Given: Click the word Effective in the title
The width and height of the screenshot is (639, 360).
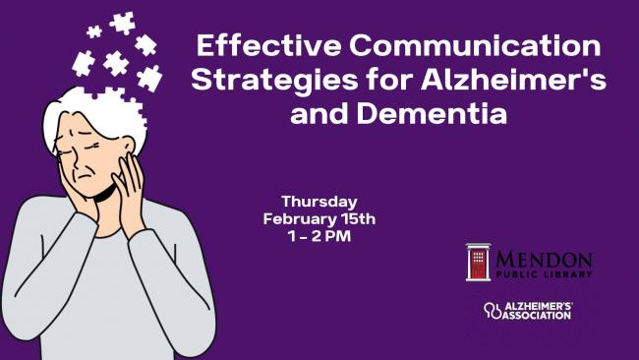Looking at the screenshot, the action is click(x=268, y=45).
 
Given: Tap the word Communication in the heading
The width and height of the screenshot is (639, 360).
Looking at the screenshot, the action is click(x=475, y=45).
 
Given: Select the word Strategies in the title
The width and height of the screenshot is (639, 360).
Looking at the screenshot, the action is click(x=274, y=80).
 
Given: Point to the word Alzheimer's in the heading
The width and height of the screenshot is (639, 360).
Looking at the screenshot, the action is click(x=513, y=79).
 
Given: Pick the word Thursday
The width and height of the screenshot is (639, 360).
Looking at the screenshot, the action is click(x=319, y=202).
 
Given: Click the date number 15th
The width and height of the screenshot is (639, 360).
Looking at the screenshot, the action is click(x=358, y=219).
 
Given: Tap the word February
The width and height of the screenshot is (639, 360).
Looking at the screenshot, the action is click(x=300, y=219).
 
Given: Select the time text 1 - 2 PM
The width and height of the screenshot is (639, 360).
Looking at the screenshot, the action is click(x=319, y=236).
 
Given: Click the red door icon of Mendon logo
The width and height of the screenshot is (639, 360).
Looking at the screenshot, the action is click(x=479, y=262).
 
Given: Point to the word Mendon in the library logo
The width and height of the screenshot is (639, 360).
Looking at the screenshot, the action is click(x=544, y=260).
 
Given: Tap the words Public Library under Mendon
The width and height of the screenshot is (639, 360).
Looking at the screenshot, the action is click(x=544, y=274).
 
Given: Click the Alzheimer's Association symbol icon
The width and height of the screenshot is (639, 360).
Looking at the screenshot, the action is click(x=493, y=310).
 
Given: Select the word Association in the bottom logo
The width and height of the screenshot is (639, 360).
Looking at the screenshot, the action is click(x=537, y=315).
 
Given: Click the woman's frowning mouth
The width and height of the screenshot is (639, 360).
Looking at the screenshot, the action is click(x=86, y=176).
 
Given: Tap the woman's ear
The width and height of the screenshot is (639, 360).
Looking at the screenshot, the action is click(x=128, y=148).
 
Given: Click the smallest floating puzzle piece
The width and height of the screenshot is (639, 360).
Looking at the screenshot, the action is click(x=94, y=31).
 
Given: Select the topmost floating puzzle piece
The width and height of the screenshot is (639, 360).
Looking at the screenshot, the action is click(x=122, y=23).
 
